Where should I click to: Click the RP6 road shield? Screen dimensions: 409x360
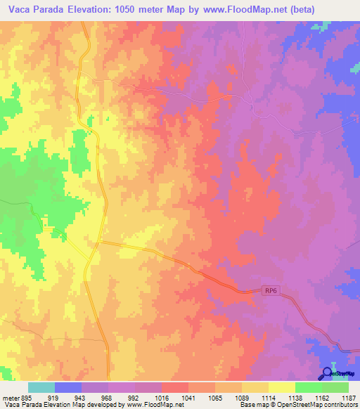point(272,290)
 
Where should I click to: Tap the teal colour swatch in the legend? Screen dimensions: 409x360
point(41,387)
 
